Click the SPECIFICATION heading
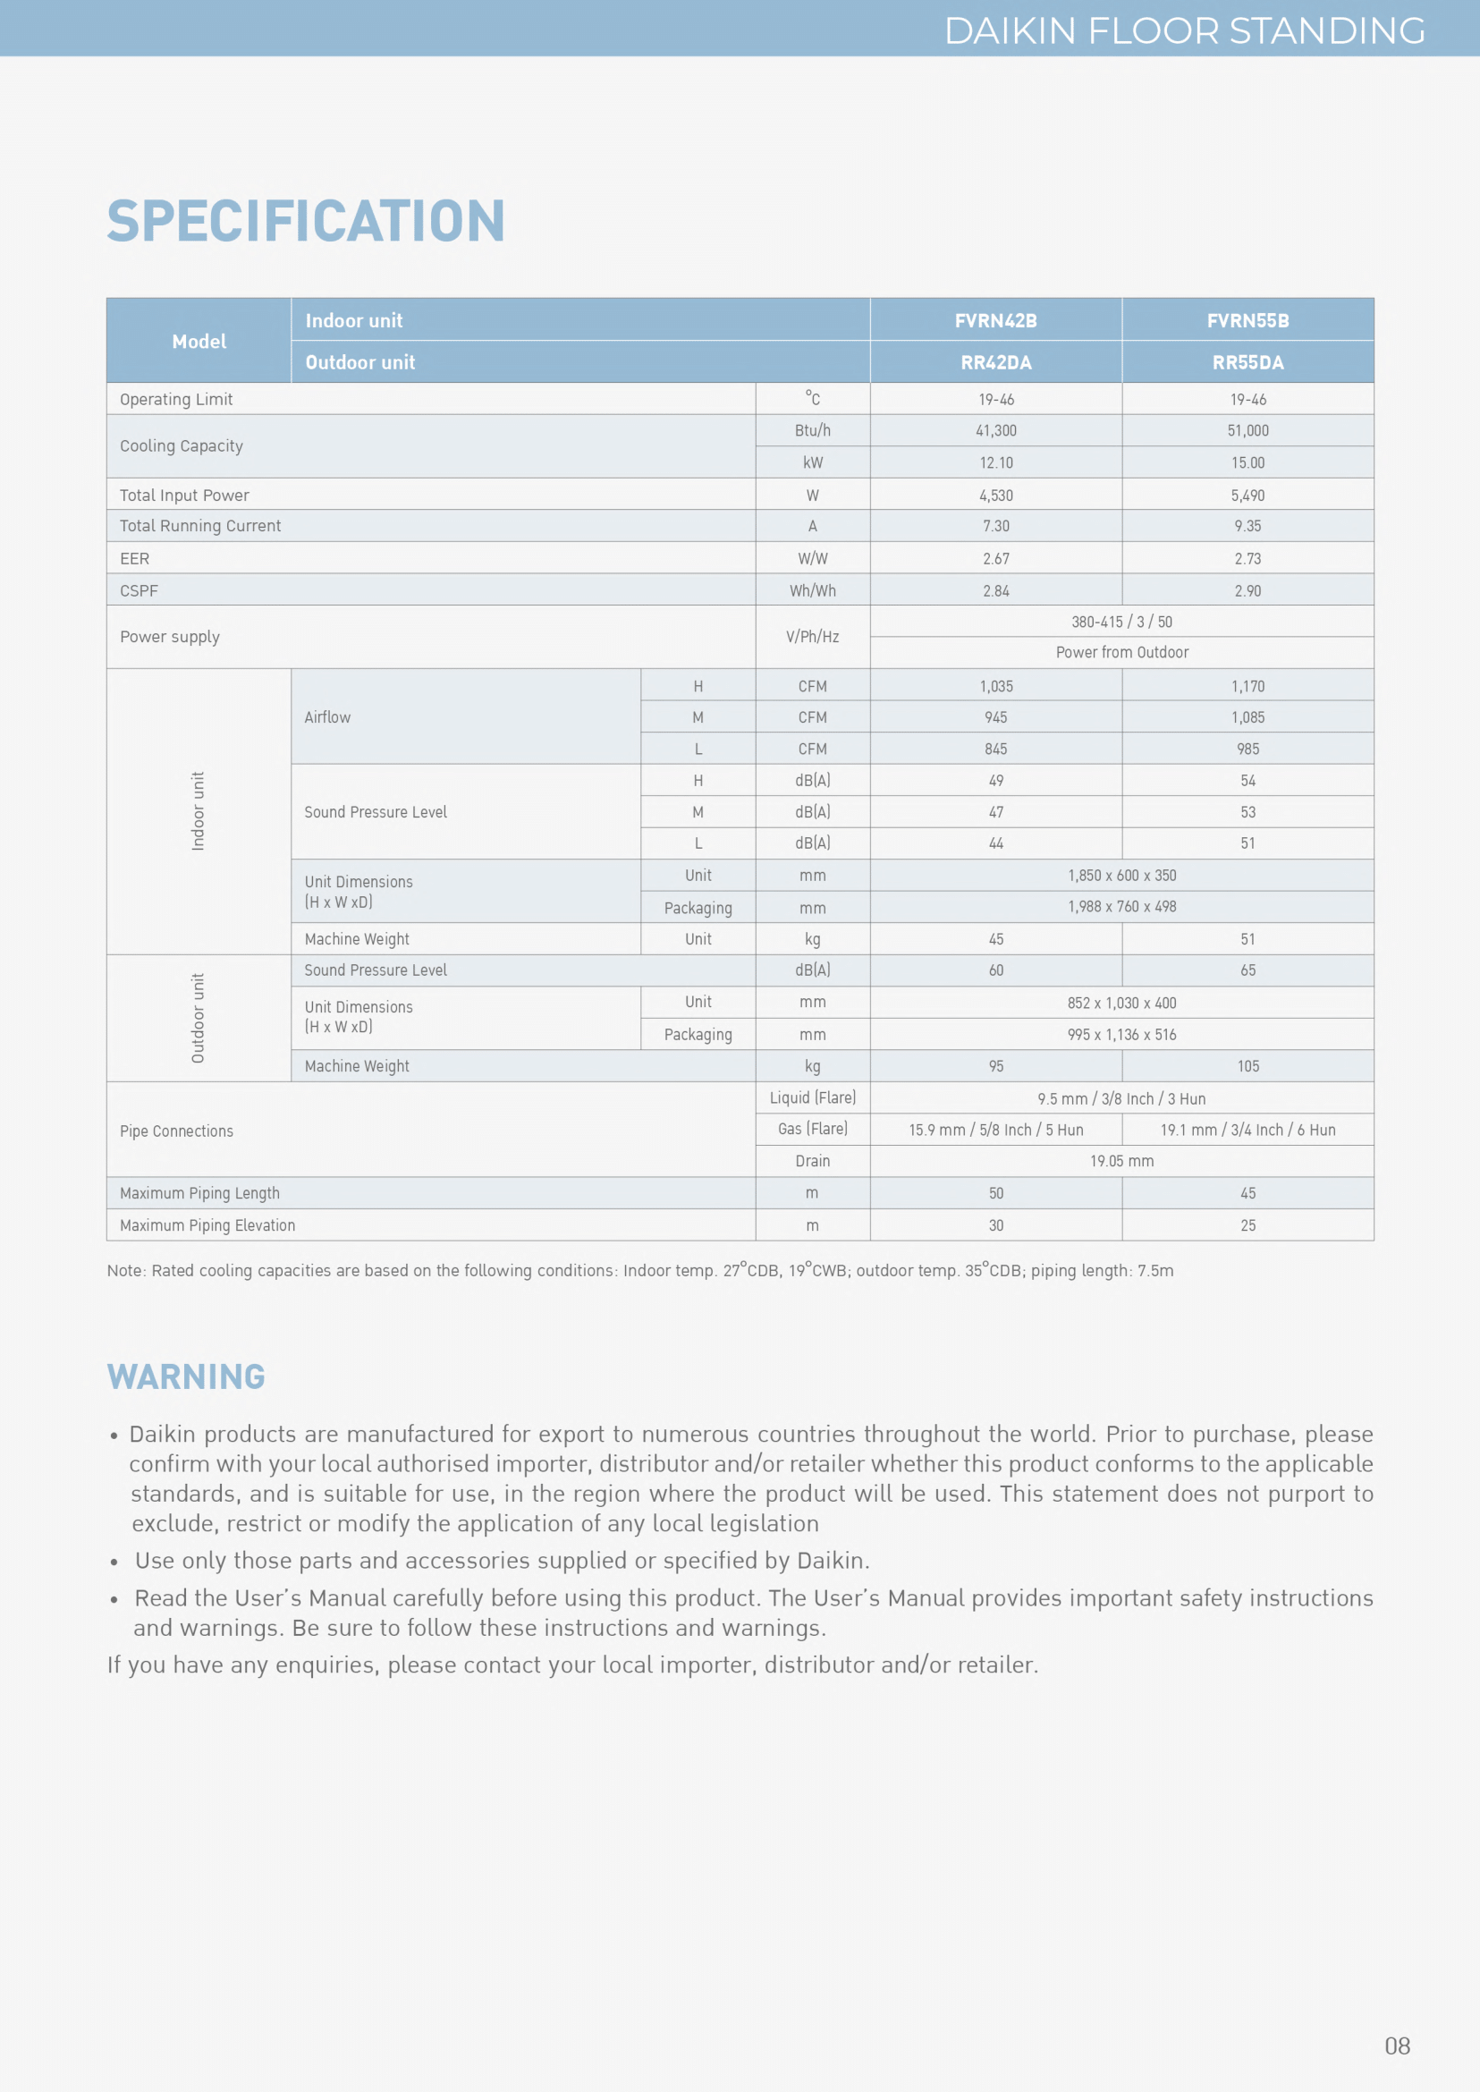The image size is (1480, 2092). [x=305, y=221]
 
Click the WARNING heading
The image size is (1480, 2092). [x=186, y=1376]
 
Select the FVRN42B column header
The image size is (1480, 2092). [x=995, y=321]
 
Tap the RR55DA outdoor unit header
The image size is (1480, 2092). [x=1247, y=363]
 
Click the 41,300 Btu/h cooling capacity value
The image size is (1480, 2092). [x=995, y=431]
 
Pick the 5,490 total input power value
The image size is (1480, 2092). [x=1247, y=495]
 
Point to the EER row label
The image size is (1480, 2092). [x=135, y=559]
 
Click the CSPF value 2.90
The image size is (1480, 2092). [x=1247, y=591]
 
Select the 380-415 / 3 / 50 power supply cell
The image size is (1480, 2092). [x=1121, y=623]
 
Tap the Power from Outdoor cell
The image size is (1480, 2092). [x=1121, y=653]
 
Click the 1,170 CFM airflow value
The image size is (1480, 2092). [x=1247, y=686]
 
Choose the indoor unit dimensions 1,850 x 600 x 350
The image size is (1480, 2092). [x=1121, y=876]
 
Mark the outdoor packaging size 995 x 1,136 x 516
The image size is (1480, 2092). [x=1121, y=1035]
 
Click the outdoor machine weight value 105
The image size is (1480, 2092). [x=1247, y=1066]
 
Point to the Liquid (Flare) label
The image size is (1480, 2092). [x=812, y=1098]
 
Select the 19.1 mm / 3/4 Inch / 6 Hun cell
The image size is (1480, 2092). [x=1247, y=1131]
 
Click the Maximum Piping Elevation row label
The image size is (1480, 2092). [x=207, y=1226]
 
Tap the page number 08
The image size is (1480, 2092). [x=1396, y=2046]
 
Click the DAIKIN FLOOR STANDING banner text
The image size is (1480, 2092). [x=1184, y=31]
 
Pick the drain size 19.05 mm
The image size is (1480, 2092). [x=1121, y=1161]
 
